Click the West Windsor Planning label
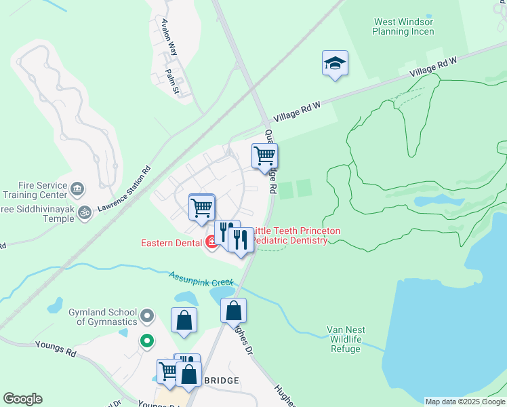click(403, 26)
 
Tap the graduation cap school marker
click(335, 64)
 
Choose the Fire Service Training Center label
click(34, 191)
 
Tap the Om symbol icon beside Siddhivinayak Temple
click(84, 212)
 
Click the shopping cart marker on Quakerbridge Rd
click(264, 156)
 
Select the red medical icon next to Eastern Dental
click(212, 242)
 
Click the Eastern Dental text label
click(172, 243)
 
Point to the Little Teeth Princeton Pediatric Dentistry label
click(296, 236)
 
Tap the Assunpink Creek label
click(201, 277)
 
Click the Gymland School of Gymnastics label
click(104, 317)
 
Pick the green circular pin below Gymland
click(146, 341)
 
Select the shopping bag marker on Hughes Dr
click(233, 311)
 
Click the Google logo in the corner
click(22, 399)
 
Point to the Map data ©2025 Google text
click(465, 402)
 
